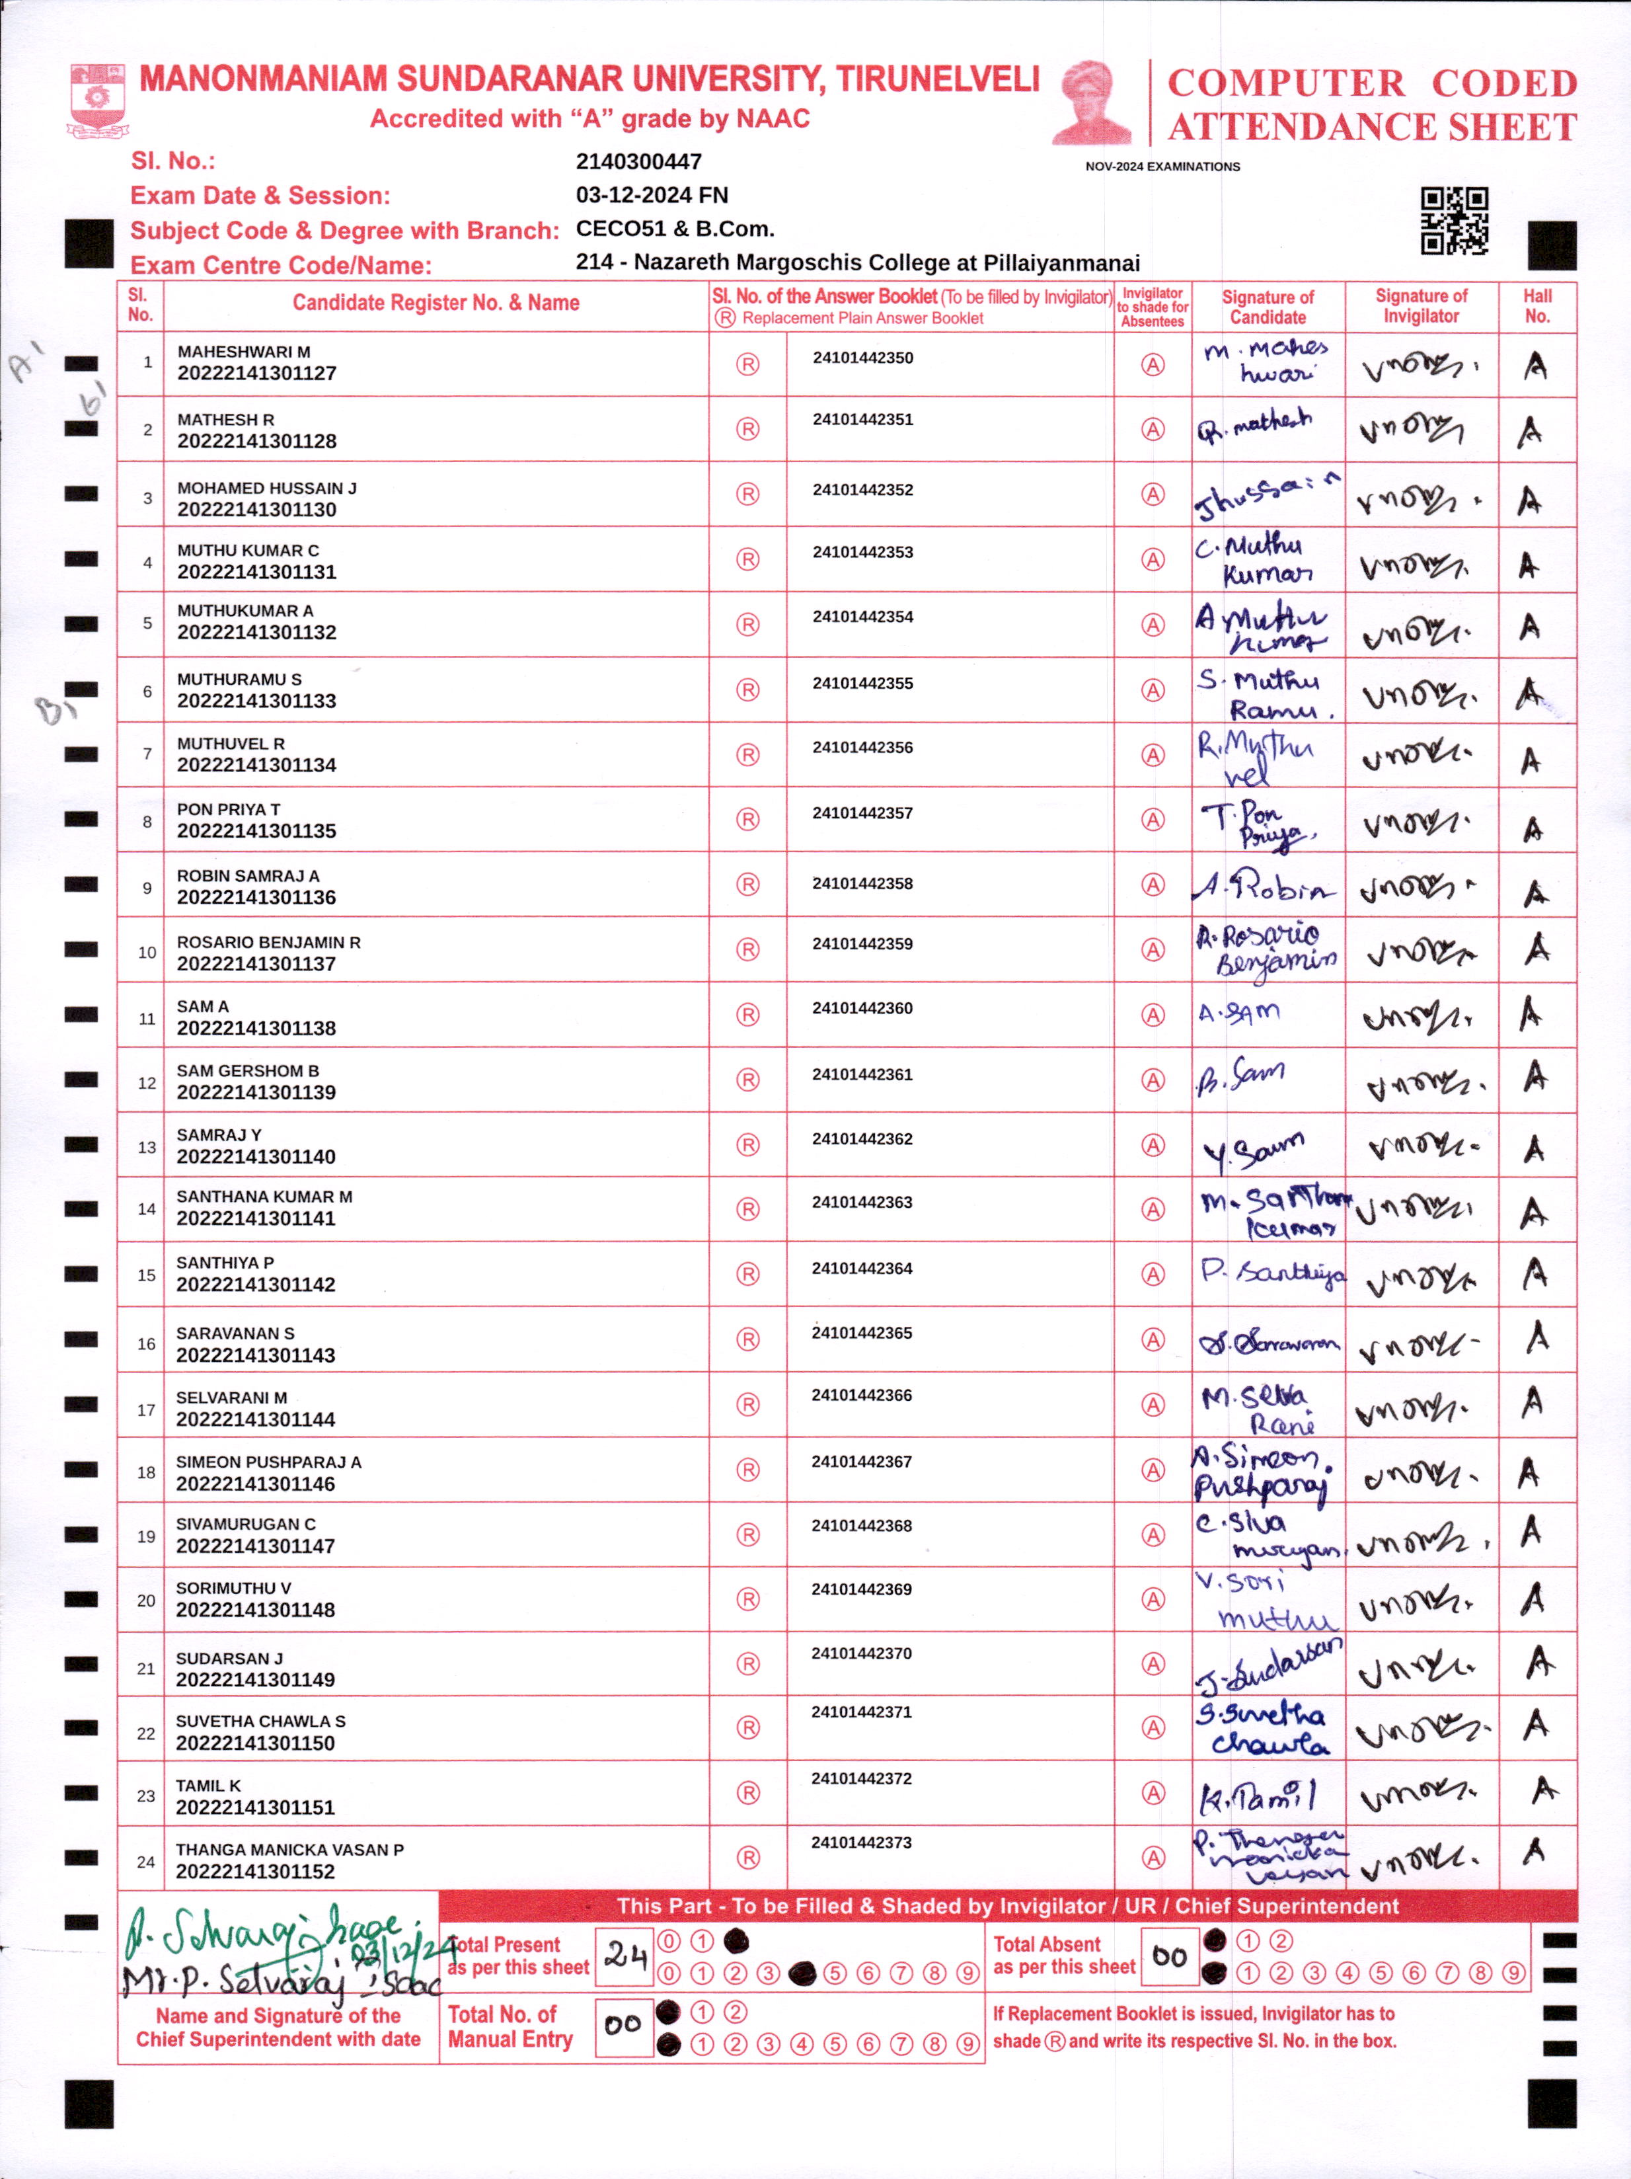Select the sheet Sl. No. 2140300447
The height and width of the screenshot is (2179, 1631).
pos(638,161)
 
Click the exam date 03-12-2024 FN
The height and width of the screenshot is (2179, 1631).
pos(651,195)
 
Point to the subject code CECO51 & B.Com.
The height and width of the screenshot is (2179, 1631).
pos(675,229)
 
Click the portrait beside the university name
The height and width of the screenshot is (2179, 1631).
pos(1093,102)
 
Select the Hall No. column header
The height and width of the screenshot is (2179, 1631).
pos(1536,306)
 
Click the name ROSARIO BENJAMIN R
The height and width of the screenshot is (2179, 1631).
pos(268,941)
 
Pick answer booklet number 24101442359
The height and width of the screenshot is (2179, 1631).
pos(862,943)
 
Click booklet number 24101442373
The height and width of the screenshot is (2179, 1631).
pos(862,1842)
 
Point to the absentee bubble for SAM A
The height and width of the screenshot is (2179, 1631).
pos(1153,1015)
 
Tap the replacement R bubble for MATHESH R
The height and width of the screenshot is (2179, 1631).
pos(747,430)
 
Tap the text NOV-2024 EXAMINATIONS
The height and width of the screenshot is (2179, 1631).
pos(1162,167)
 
